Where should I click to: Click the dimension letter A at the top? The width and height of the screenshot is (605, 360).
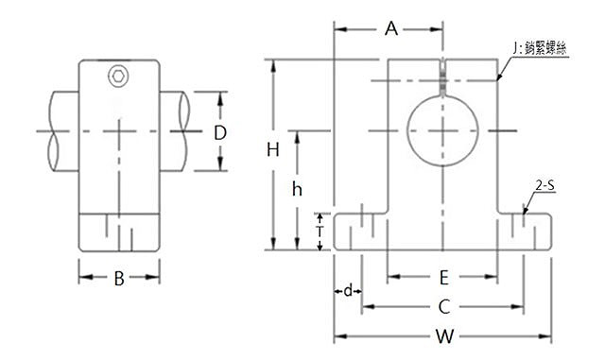pyautogui.click(x=391, y=29)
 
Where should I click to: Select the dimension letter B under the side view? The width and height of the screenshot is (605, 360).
pyautogui.click(x=119, y=279)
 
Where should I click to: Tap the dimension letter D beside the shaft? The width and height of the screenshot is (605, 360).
pyautogui.click(x=220, y=133)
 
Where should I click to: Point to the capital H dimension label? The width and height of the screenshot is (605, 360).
pyautogui.click(x=273, y=149)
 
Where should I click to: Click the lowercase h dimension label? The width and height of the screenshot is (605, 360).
pyautogui.click(x=297, y=190)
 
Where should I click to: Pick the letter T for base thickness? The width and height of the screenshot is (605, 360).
pyautogui.click(x=320, y=231)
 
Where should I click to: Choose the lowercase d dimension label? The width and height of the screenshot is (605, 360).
pyautogui.click(x=348, y=290)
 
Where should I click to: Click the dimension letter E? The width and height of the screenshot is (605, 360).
pyautogui.click(x=444, y=278)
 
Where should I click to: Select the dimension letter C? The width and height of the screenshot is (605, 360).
pyautogui.click(x=444, y=307)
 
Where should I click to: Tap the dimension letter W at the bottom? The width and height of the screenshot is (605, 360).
pyautogui.click(x=445, y=336)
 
